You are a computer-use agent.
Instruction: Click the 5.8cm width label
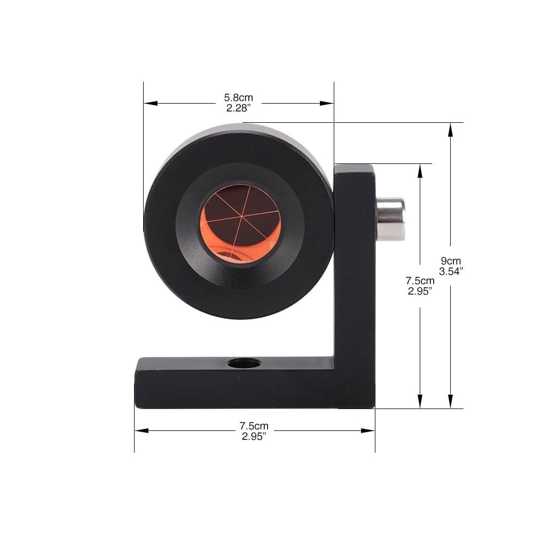pos(238,98)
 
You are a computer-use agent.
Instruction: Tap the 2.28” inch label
pos(238,108)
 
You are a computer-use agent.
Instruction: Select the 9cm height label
pos(451,261)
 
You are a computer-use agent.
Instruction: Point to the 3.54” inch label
pos(451,271)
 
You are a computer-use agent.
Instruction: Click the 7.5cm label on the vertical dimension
pos(420,281)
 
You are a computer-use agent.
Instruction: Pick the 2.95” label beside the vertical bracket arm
pos(420,291)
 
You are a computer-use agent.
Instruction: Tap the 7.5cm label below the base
pos(254,426)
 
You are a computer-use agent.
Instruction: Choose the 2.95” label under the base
pos(254,436)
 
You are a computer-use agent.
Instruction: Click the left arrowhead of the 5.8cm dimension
pos(151,103)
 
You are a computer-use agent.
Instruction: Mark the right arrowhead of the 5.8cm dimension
pos(327,103)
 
